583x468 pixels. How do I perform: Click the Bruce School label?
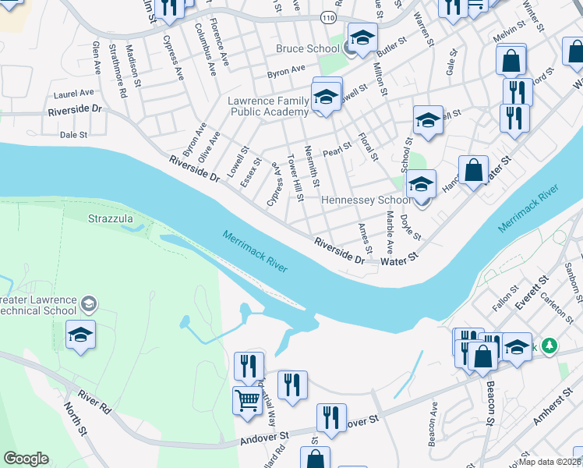307,48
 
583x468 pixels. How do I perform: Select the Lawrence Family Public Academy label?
268,107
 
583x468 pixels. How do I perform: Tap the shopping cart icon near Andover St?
247,400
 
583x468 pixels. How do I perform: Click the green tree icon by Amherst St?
549,345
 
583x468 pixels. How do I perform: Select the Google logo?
26,459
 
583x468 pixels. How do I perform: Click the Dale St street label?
73,134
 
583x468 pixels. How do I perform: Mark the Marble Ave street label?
388,233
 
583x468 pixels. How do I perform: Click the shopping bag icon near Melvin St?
511,59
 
